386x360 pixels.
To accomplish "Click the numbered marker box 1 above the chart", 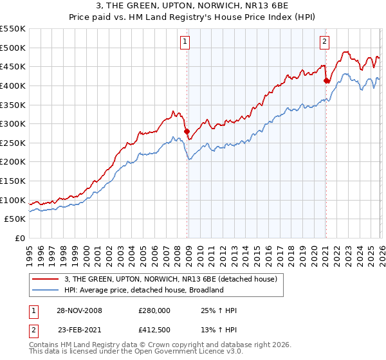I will coord(185,42).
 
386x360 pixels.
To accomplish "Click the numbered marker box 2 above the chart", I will coord(324,42).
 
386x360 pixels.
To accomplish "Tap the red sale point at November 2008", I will coord(187,132).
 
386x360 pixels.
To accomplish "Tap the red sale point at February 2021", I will coord(326,81).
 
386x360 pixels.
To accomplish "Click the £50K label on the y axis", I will coord(15,219).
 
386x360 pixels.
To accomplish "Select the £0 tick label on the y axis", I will coord(20,238).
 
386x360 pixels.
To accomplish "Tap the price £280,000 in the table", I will coord(154,310).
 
